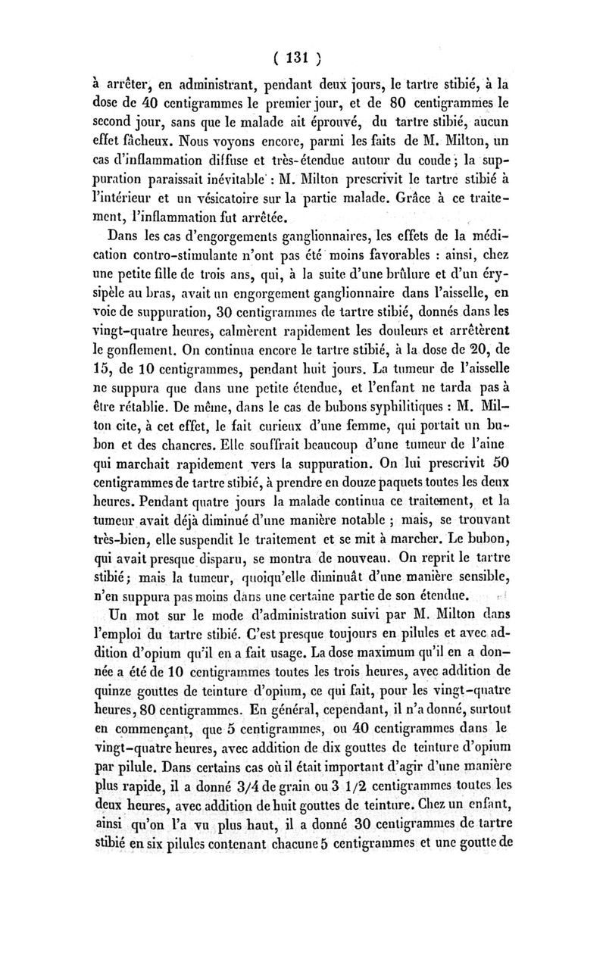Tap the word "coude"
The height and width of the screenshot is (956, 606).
pos(420,160)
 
